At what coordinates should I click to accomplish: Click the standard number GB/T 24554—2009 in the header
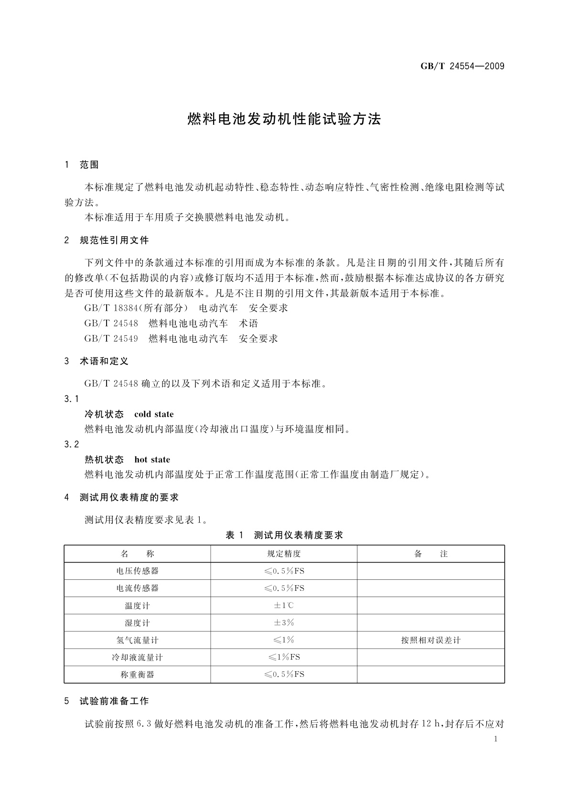[462, 66]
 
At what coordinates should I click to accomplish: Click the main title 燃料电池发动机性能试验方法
[284, 119]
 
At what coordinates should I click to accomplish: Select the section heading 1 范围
[82, 165]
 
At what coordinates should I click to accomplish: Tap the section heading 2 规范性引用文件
[107, 240]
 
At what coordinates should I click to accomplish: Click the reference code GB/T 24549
[111, 339]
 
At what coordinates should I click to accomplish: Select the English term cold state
[154, 414]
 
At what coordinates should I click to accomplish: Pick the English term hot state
[152, 460]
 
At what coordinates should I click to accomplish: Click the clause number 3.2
[72, 445]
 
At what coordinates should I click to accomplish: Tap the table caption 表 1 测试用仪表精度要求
[284, 535]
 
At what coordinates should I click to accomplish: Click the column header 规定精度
[284, 554]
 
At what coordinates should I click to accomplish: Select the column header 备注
[431, 554]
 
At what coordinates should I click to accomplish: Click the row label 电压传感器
[137, 571]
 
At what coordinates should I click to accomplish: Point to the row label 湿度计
[137, 623]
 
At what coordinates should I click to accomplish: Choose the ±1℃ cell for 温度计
[284, 606]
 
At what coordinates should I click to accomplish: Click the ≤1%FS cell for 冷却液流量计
[284, 657]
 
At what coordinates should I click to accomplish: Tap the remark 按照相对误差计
[431, 640]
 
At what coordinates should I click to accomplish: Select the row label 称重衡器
[137, 674]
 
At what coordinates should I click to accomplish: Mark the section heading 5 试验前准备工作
[107, 701]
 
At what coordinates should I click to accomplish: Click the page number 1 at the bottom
[495, 739]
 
